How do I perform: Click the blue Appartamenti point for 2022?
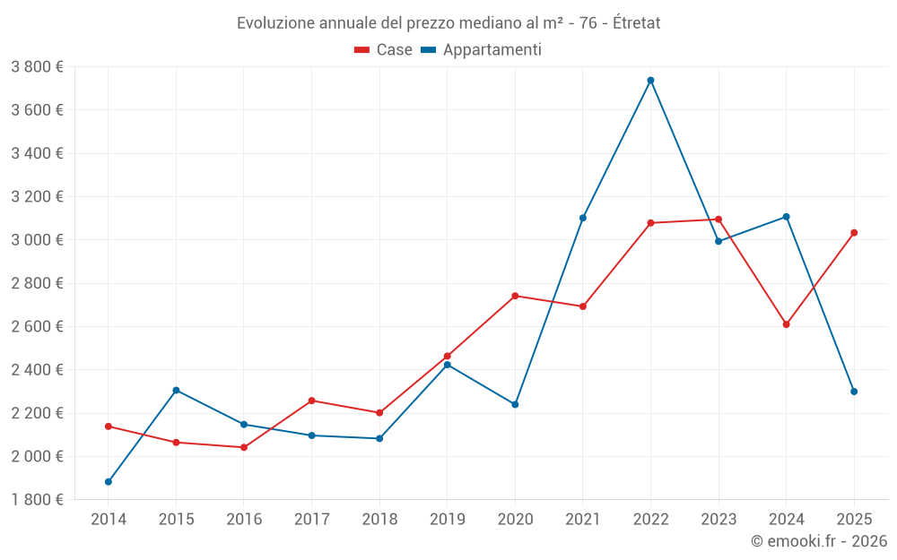[650, 81]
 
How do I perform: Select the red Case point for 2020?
[515, 296]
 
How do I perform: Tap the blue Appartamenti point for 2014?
[109, 482]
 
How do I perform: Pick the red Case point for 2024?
[786, 324]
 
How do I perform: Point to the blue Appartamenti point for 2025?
[854, 392]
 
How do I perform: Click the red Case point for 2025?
[854, 233]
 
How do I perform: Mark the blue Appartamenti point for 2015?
[176, 391]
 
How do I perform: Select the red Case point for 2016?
[244, 447]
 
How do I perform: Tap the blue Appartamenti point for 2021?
[583, 218]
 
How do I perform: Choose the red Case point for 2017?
[311, 401]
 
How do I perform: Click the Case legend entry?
[384, 50]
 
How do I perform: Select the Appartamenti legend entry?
[482, 50]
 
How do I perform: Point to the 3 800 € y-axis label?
[37, 67]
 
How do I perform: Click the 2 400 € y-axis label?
[37, 370]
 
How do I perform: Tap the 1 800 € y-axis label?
[37, 500]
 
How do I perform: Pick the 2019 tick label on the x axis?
[447, 520]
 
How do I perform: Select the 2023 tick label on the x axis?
[718, 520]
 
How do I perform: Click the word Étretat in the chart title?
[636, 23]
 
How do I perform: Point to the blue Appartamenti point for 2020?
[515, 405]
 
